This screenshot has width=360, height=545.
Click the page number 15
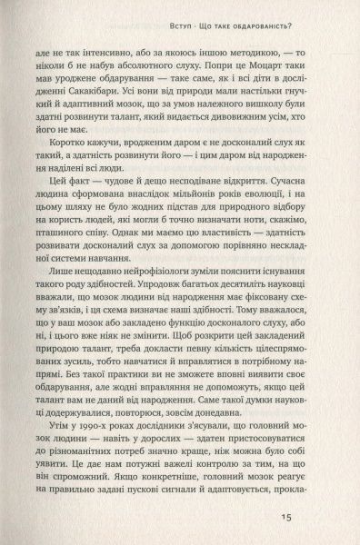[x=311, y=520]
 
